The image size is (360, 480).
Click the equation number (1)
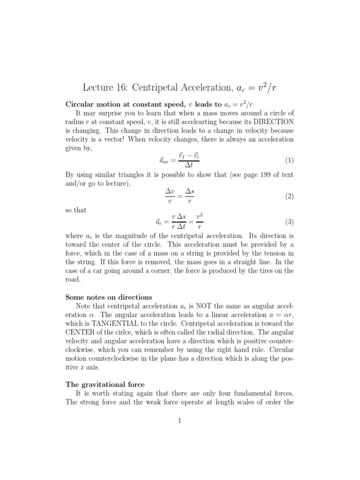pos(289,160)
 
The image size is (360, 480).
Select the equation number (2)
pos(289,196)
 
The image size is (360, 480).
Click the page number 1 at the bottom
pos(180,420)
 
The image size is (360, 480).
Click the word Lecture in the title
pos(97,88)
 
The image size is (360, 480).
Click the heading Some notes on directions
pos(109,297)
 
